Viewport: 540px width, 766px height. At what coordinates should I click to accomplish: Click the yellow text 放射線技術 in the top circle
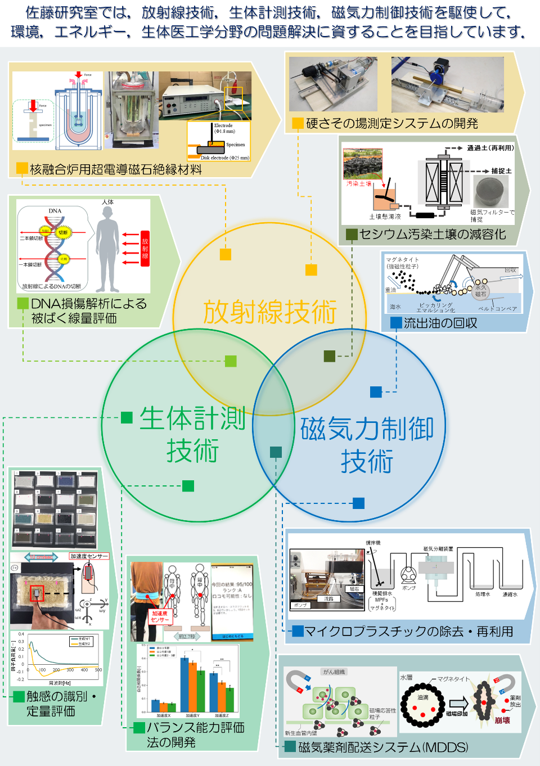tap(269, 312)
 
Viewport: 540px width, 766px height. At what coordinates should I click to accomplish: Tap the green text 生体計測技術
tap(192, 435)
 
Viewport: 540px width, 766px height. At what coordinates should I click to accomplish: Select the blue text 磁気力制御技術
tap(367, 445)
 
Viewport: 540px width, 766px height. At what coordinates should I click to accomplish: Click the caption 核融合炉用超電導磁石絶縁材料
tap(115, 169)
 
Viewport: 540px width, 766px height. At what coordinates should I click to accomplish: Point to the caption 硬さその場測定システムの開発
tap(391, 123)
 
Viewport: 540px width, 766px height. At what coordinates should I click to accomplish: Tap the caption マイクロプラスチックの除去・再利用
tap(408, 632)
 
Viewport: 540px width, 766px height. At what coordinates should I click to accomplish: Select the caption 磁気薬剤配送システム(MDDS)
tap(382, 747)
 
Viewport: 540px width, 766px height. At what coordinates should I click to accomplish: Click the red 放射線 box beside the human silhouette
tap(145, 248)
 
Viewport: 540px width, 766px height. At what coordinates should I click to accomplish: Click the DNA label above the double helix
tap(55, 211)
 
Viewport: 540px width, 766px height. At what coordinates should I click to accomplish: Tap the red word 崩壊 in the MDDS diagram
tap(502, 720)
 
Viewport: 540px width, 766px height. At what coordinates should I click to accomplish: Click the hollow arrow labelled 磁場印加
tap(458, 703)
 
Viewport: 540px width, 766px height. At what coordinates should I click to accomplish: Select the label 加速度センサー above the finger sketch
tap(89, 556)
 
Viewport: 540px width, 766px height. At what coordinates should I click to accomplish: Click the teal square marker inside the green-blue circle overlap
tap(276, 452)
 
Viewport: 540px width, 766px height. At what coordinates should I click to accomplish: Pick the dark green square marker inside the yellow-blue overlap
tap(330, 356)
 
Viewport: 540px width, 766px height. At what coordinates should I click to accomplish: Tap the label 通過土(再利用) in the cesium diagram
tap(490, 148)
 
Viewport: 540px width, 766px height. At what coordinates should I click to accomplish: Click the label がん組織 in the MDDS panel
tap(334, 672)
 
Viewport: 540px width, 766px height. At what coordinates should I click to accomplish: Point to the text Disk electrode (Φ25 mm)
tap(224, 157)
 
